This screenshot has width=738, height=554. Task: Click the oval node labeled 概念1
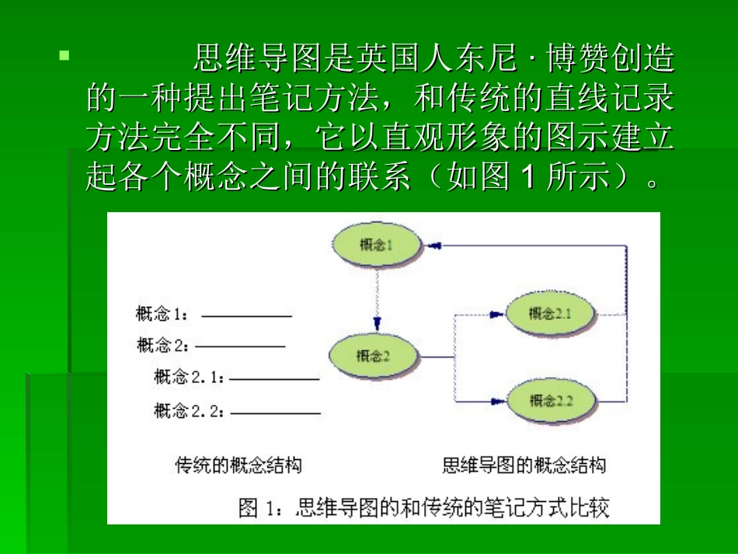377,246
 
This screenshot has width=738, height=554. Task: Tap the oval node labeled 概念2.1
549,313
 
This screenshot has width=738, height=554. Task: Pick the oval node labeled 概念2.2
551,401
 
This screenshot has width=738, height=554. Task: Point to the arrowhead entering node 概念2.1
496,314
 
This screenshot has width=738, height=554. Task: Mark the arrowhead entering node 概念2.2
496,402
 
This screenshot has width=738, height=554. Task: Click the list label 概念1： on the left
163,315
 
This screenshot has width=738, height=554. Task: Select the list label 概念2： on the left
164,345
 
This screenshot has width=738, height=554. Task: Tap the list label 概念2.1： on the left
190,378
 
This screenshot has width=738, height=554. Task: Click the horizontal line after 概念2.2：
275,413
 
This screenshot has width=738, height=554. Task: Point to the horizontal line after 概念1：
246,316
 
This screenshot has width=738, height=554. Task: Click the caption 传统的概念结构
238,465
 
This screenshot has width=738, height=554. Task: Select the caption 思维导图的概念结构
524,465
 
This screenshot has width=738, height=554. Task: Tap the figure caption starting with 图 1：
423,508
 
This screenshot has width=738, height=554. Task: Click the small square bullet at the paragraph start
64,56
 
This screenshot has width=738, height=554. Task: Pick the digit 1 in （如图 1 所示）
527,179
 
